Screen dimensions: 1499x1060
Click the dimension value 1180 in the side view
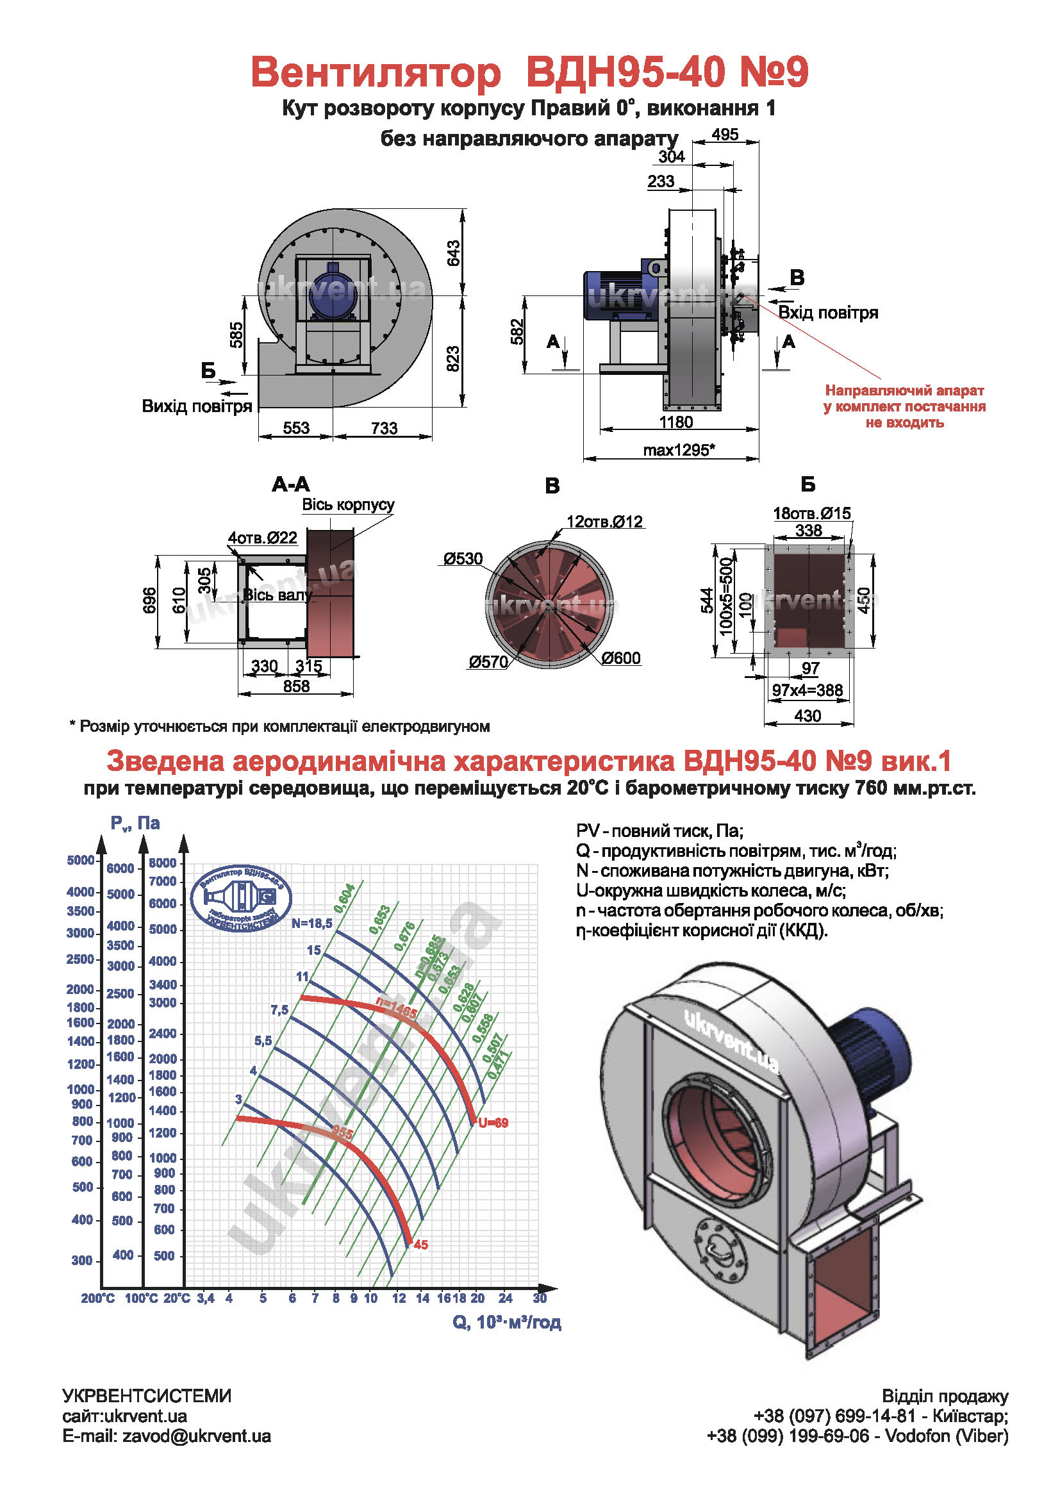[675, 422]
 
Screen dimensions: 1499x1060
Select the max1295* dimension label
[679, 450]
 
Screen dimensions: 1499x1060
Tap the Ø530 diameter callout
[463, 559]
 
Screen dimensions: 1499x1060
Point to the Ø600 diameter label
[621, 658]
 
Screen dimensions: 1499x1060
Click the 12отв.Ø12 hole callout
[604, 522]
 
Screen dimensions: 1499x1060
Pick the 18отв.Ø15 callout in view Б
[812, 513]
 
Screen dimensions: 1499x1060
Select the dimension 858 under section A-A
[296, 686]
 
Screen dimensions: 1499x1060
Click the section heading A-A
[291, 484]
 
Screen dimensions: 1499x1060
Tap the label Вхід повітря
[828, 313]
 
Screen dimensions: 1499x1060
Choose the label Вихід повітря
[197, 406]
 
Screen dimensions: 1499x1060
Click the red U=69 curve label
[493, 1123]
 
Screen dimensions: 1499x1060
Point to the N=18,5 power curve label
[312, 923]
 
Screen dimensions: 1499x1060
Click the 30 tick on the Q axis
[539, 1298]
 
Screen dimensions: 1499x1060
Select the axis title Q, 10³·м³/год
[506, 1322]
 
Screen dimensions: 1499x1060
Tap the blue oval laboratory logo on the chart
[241, 899]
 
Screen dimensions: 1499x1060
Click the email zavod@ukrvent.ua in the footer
[167, 1436]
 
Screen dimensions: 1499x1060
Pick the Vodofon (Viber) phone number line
[857, 1436]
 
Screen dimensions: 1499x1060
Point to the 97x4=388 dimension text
[807, 690]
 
